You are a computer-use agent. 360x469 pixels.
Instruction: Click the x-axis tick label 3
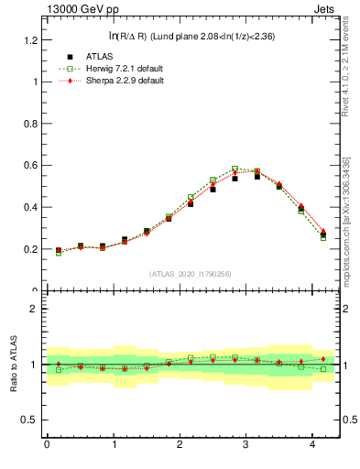click(x=245, y=444)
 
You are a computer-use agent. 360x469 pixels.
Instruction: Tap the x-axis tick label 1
click(x=113, y=444)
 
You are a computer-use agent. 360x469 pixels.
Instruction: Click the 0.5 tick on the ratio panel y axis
click(x=29, y=420)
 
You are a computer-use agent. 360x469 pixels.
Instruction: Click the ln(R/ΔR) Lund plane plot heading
click(x=191, y=36)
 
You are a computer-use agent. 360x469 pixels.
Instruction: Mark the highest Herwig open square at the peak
click(x=235, y=169)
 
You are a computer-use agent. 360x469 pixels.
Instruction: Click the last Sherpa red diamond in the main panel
click(x=323, y=232)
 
